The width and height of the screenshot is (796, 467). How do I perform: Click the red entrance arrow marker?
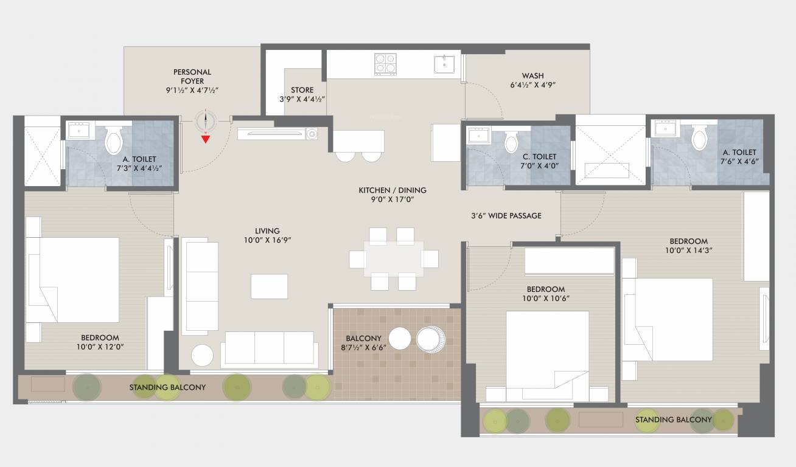206,139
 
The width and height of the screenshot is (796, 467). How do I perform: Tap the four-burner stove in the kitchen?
385,64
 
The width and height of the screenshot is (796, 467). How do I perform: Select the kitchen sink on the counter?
445,64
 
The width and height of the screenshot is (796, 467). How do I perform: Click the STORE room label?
302,94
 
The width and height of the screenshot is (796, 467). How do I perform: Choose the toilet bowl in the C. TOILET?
511,143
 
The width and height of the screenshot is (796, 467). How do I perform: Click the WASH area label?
532,80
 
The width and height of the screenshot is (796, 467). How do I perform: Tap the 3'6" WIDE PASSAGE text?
506,215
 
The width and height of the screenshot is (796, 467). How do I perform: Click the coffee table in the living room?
269,286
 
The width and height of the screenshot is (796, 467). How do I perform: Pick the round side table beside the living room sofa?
203,355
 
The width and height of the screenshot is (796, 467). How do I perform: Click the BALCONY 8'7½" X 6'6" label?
363,343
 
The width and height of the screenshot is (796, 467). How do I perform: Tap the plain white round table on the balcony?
400,339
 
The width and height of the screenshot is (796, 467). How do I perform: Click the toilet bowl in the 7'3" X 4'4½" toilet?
114,142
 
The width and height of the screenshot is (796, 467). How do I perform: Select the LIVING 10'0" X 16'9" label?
267,235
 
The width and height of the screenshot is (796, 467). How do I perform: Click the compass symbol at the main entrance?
206,122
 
